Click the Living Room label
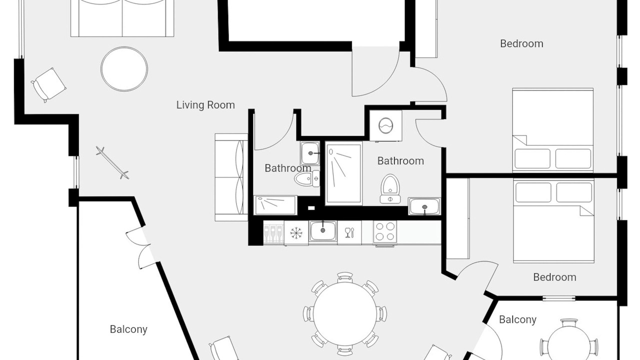(x=205, y=105)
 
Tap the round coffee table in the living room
(x=124, y=69)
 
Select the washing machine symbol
(x=385, y=125)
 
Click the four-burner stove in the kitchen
(x=385, y=232)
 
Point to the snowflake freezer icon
(x=296, y=233)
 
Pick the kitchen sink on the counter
(x=323, y=231)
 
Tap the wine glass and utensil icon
(x=349, y=232)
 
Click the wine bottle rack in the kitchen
(x=273, y=232)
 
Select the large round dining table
(x=345, y=314)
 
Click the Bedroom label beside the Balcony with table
(x=554, y=277)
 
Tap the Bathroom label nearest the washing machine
(x=400, y=161)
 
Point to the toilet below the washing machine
(x=390, y=189)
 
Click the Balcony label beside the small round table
(x=517, y=319)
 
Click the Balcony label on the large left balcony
(x=128, y=329)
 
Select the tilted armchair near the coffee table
(x=49, y=85)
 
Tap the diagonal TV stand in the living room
(x=112, y=163)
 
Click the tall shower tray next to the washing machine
(x=343, y=173)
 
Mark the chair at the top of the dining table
(x=345, y=277)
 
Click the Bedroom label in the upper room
(x=521, y=43)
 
